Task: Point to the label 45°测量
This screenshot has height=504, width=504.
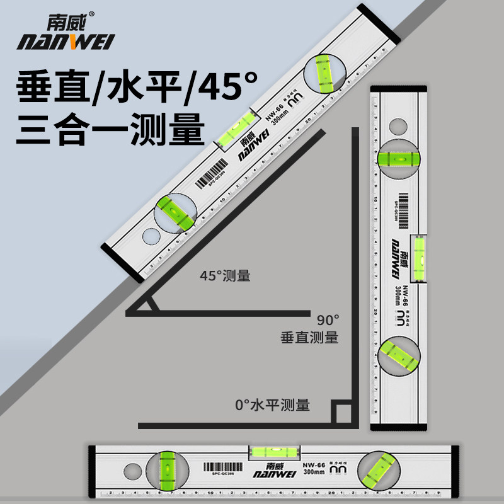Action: (x=225, y=276)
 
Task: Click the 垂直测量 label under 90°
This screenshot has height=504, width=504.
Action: (x=309, y=338)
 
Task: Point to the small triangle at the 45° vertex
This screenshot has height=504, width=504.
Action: (x=147, y=306)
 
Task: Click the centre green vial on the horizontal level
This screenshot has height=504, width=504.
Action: (x=268, y=452)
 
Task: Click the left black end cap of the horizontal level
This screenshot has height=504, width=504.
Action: (x=92, y=471)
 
